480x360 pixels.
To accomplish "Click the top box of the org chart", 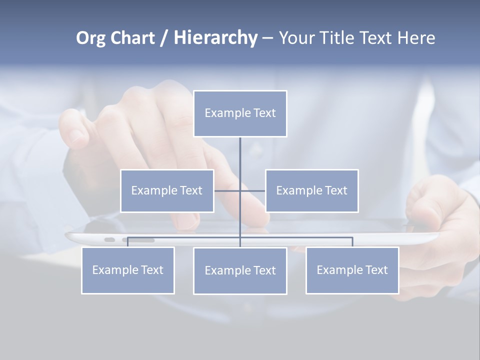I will point(240,113).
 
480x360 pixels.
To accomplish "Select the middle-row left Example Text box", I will point(167,190).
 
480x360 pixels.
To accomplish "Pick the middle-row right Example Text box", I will point(311,190).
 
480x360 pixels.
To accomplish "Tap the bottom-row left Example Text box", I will point(127,270).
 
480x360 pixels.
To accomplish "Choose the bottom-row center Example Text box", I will point(240,270).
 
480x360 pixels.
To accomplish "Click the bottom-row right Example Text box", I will point(352,270).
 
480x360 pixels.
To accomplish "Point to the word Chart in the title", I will point(131,38).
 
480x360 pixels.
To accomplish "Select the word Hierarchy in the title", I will point(215,38).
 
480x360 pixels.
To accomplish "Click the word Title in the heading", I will point(340,38).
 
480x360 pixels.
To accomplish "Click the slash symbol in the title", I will point(164,38).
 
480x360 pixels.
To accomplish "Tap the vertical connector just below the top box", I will point(240,150).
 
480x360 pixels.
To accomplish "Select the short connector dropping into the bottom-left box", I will point(127,242).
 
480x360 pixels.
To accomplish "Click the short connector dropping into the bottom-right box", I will point(352,242).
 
